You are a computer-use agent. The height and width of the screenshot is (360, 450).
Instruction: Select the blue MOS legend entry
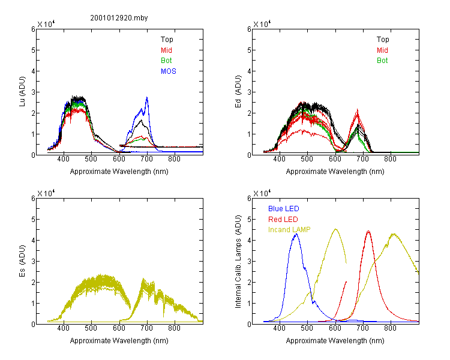click(x=169, y=71)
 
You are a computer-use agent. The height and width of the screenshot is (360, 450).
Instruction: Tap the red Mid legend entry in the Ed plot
click(x=382, y=50)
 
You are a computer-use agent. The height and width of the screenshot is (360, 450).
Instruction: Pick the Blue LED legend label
click(x=283, y=209)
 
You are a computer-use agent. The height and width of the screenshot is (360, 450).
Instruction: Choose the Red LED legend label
click(x=283, y=220)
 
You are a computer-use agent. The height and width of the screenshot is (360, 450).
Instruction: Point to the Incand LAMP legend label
click(x=289, y=230)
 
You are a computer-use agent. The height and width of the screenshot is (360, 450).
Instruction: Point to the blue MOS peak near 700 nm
click(x=146, y=98)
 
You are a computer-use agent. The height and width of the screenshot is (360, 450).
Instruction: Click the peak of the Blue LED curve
click(x=295, y=235)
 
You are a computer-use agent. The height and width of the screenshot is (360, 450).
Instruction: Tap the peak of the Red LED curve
click(x=368, y=232)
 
